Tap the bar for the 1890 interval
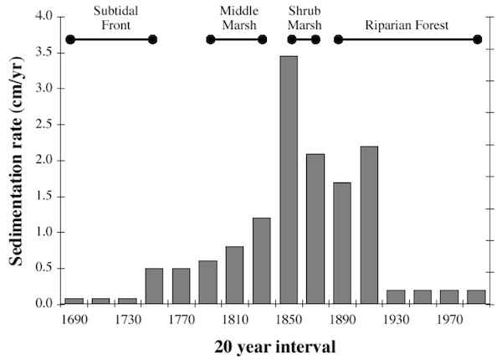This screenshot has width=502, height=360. coord(342,243)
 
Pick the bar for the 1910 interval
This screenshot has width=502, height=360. coord(369,225)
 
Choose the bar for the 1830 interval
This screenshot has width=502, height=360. coord(262,260)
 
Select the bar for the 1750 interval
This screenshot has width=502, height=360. coord(155,285)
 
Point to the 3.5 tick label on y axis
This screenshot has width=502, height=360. coord(44,52)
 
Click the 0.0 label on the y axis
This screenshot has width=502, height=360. coord(44,304)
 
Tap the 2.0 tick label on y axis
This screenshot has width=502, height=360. coord(44,160)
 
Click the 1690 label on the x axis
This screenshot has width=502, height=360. coord(74,319)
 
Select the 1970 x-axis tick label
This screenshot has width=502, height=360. coord(449,319)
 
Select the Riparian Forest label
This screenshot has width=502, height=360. coord(407,25)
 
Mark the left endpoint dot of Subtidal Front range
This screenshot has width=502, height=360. coord(70,39)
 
